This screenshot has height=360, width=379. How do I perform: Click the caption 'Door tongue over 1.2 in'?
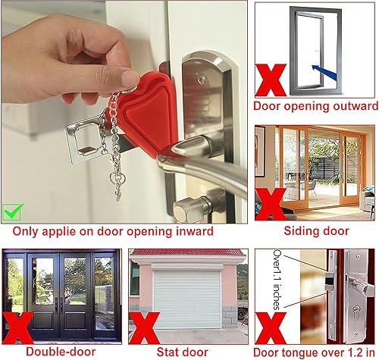[315, 351]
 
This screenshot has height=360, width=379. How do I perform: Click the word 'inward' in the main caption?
[190, 231]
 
